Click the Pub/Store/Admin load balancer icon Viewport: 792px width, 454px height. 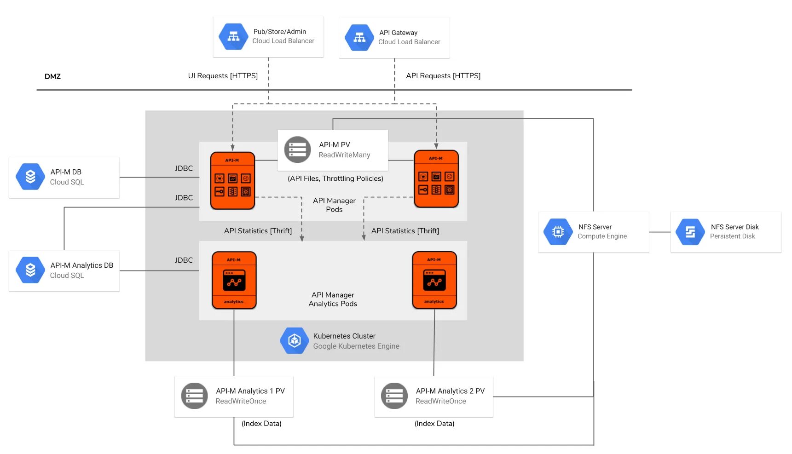point(233,37)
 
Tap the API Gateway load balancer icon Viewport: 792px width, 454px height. point(359,38)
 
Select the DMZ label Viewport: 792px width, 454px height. point(52,76)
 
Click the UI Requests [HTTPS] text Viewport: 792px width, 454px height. point(223,76)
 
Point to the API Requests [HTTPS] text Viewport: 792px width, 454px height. point(443,76)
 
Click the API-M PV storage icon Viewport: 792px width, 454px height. point(297,149)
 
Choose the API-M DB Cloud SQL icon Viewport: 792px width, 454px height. point(30,177)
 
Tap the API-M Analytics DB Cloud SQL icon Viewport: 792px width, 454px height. point(30,270)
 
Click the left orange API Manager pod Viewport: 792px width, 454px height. point(232,180)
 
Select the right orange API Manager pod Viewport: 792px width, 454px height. point(436,178)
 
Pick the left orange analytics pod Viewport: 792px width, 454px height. point(234,280)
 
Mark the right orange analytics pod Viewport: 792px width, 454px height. point(434,280)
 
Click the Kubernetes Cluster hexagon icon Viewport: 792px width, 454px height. point(295,341)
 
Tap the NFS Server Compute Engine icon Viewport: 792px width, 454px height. point(558,232)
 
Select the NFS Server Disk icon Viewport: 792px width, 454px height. point(690,232)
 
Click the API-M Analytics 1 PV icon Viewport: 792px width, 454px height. point(195,396)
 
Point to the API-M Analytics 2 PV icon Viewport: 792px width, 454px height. point(394,396)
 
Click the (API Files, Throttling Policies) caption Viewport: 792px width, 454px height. point(335,178)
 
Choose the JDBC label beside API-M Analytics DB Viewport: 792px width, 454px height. point(184,260)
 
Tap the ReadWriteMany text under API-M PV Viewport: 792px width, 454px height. point(344,155)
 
